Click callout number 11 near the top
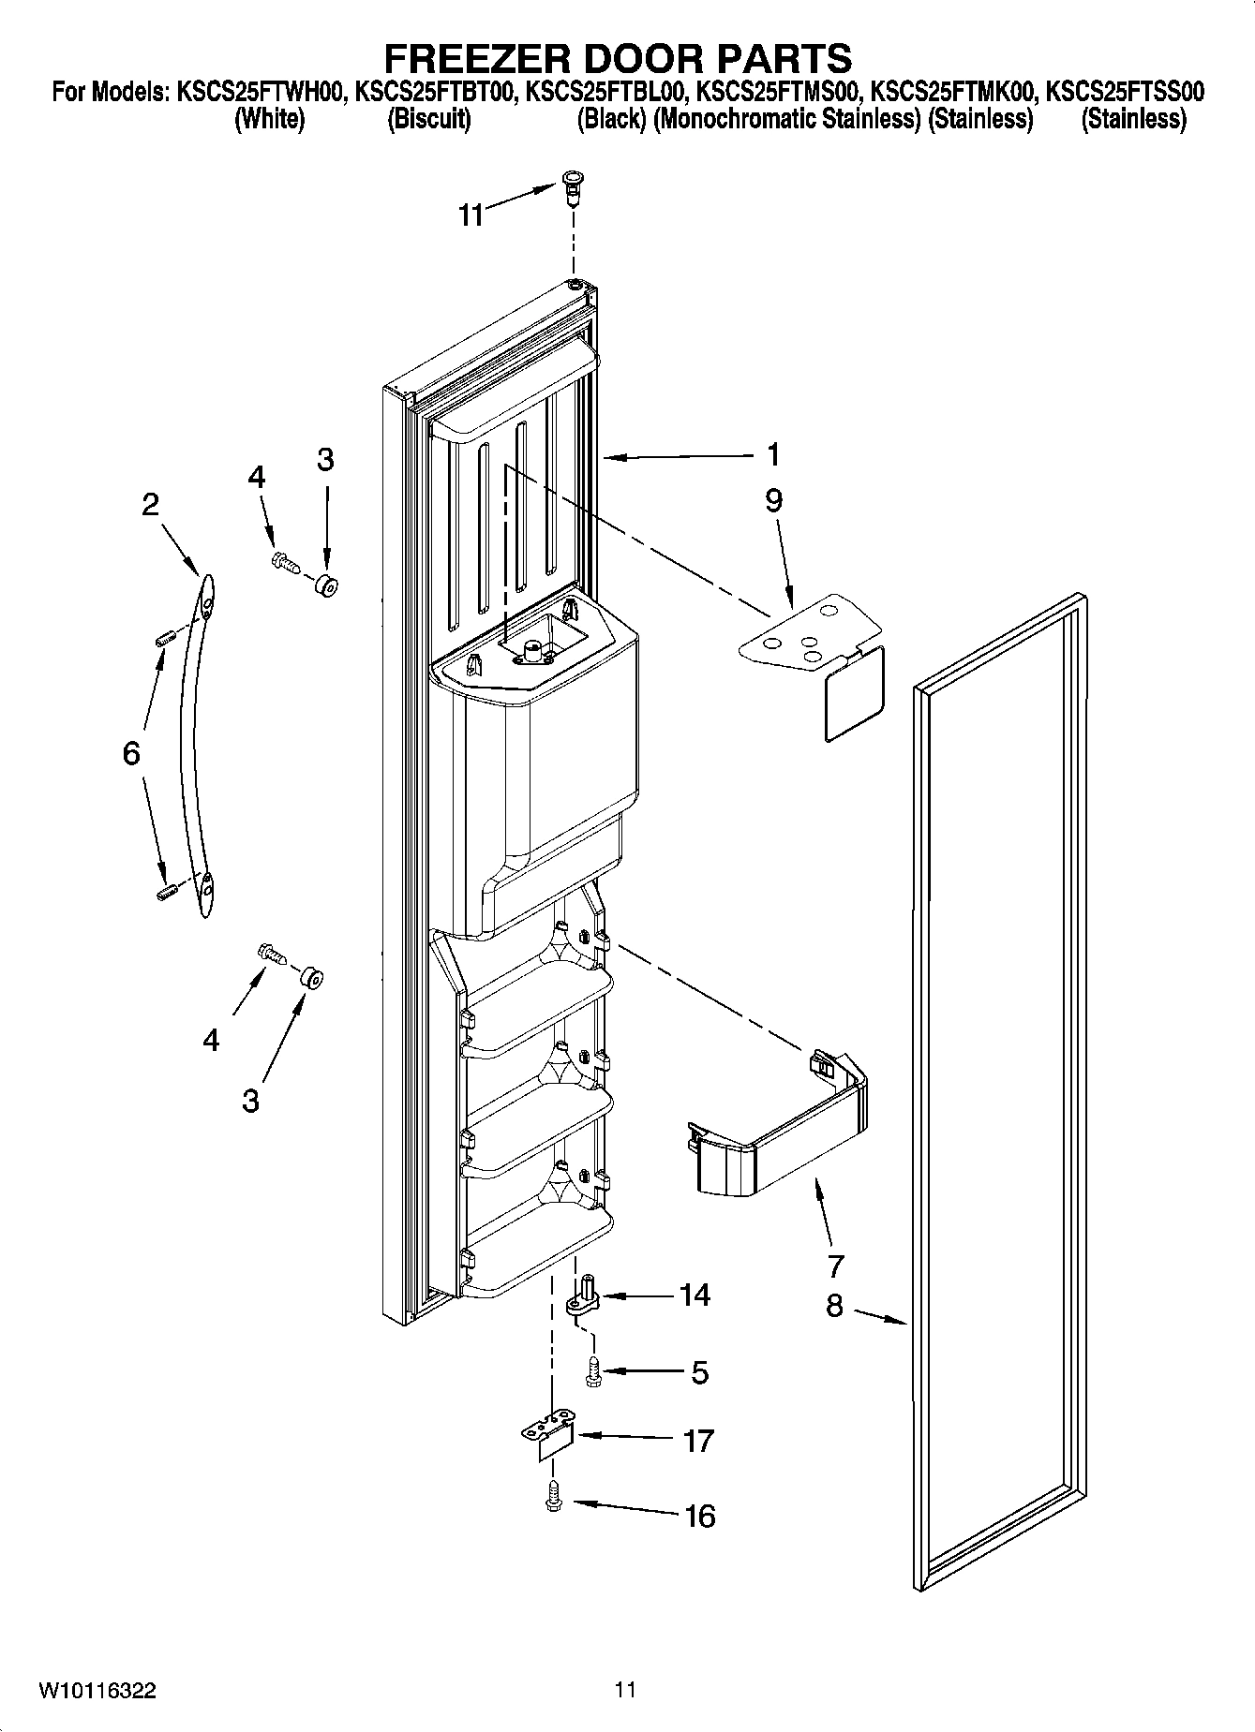point(470,215)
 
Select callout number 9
point(773,501)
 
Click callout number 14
point(695,1295)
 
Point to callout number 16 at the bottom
point(700,1516)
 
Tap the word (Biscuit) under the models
point(428,119)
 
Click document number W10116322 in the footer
point(97,1691)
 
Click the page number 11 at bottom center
point(626,1690)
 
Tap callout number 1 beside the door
point(772,455)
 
